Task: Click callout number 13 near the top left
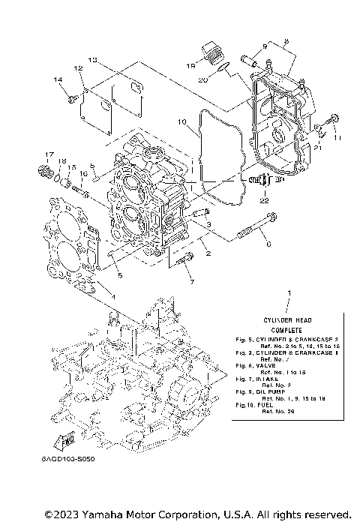tap(92, 59)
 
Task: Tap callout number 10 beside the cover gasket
tap(181, 121)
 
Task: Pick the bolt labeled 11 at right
tap(334, 119)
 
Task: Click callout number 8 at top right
tap(286, 42)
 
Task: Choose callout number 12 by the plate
tap(77, 68)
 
